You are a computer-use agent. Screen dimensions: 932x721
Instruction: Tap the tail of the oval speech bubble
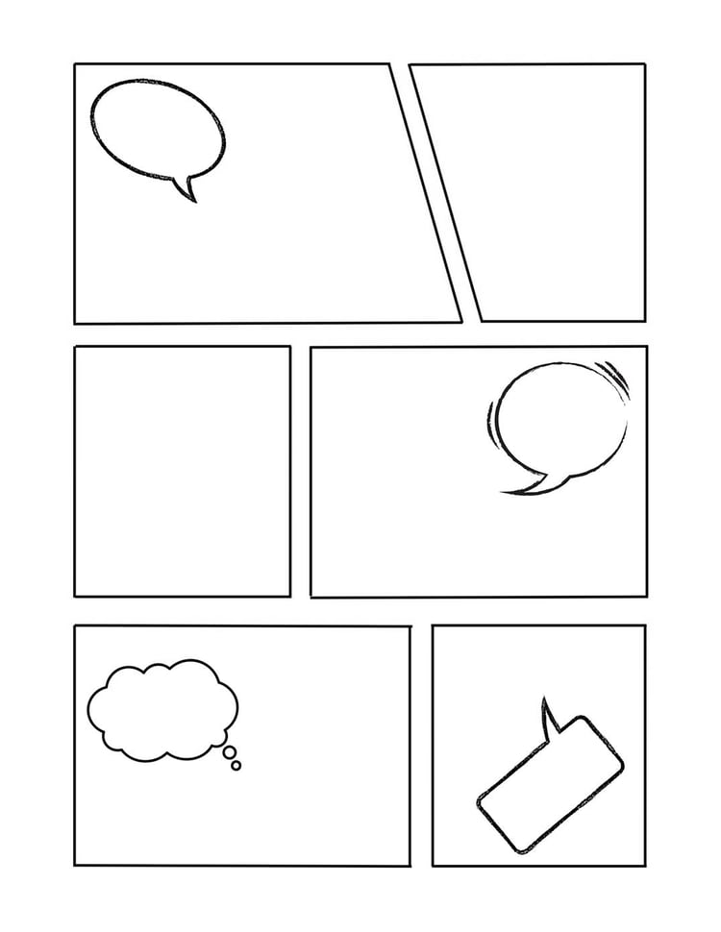tap(186, 188)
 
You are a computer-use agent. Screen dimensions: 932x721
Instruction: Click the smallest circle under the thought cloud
tap(236, 765)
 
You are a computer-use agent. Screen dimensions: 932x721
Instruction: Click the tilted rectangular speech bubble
tap(550, 783)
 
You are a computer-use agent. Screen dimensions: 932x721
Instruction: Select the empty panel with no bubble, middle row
tap(182, 471)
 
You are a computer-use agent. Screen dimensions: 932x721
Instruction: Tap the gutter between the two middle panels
tap(300, 471)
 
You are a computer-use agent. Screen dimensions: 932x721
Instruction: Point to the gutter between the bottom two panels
tap(421, 746)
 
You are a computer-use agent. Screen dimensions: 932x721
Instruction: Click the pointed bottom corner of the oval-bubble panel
tap(460, 321)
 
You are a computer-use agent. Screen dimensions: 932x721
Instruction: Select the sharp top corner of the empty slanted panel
tap(411, 65)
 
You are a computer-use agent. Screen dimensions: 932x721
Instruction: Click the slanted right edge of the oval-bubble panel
tap(425, 192)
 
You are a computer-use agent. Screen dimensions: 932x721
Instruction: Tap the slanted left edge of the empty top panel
tap(446, 192)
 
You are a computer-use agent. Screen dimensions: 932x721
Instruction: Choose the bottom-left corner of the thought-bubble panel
tap(75, 865)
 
